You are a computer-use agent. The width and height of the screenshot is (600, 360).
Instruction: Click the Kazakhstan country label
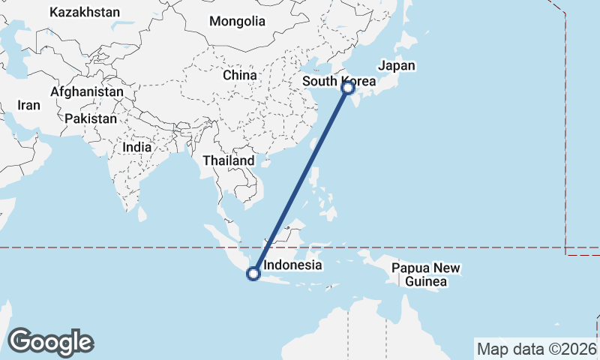84,12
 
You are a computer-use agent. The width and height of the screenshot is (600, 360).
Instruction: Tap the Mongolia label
237,21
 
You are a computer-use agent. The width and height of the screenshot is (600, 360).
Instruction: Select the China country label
240,75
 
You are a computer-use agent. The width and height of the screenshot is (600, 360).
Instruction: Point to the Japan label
396,66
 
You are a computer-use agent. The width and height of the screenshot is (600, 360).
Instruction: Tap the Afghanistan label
87,91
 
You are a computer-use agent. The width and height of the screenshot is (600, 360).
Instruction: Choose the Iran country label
29,106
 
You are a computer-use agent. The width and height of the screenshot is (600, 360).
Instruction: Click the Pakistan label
91,118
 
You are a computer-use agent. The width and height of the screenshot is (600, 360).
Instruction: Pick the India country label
137,148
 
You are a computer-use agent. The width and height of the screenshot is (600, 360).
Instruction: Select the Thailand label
229,160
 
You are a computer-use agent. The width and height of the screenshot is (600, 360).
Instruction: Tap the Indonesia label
293,265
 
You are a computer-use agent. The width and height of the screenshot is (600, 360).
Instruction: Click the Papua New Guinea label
425,275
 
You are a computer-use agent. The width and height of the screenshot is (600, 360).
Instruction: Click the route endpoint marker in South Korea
348,88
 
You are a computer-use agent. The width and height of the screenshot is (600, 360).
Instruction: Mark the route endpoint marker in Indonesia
253,274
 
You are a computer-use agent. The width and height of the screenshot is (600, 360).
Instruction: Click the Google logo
50,341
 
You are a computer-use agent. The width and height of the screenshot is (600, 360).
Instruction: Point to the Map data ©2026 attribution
536,349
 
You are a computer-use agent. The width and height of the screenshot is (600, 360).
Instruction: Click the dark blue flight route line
300,181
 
